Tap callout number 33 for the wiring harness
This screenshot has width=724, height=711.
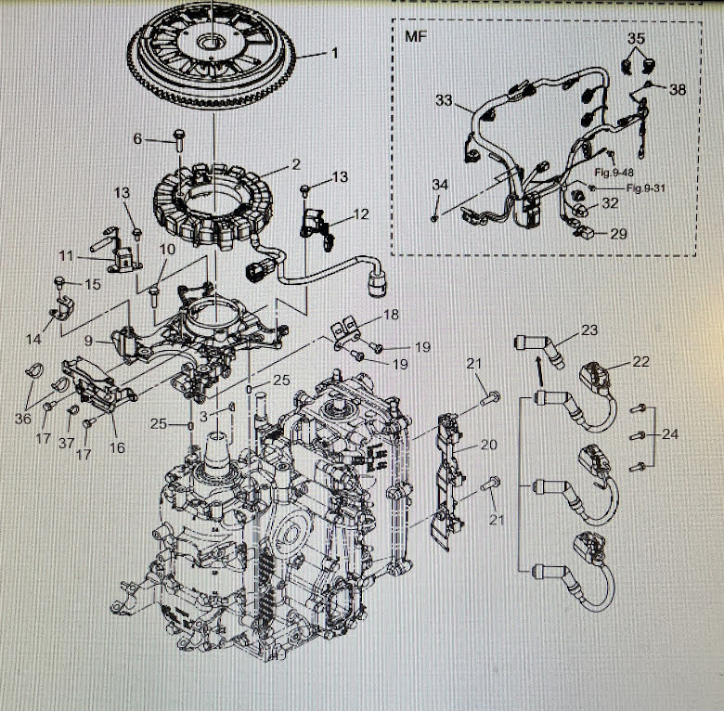445,98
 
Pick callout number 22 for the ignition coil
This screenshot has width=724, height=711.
641,362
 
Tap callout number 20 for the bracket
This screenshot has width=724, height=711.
490,446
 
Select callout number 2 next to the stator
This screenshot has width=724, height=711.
295,164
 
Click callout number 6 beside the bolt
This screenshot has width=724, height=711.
138,139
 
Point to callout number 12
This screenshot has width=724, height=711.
360,214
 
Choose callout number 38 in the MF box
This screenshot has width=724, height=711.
678,90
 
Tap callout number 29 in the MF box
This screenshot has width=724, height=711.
618,234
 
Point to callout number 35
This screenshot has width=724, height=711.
635,39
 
